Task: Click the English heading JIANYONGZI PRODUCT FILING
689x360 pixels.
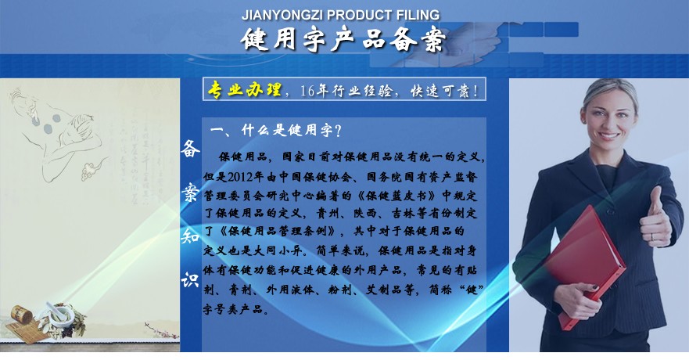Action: (340, 15)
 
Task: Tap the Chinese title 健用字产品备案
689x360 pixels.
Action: (343, 40)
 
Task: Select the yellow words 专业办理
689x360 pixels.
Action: (244, 90)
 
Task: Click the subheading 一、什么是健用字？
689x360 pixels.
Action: (276, 130)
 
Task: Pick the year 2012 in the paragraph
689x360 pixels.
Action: (240, 177)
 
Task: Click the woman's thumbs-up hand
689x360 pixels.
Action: (655, 218)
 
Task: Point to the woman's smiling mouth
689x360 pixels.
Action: (608, 136)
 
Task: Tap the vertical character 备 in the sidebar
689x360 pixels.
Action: (190, 149)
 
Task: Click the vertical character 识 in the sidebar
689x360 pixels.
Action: (190, 279)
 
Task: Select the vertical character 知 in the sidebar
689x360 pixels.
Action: (190, 236)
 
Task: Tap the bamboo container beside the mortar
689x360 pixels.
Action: (21, 315)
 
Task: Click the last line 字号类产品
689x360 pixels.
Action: (233, 309)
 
